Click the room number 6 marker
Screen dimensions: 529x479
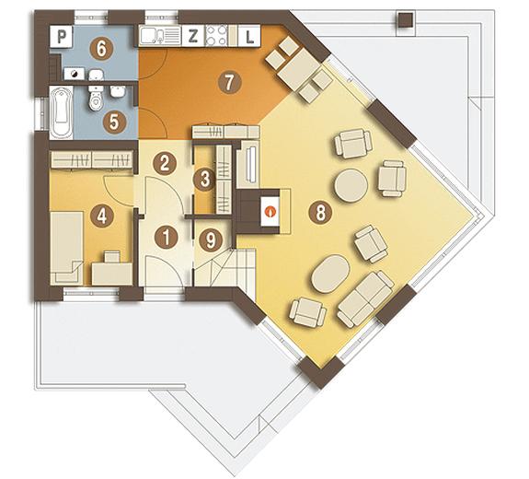101,50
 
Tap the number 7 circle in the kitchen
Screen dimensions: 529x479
229,82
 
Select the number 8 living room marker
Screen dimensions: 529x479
320,213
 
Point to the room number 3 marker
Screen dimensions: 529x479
205,180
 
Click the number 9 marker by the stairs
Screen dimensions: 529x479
211,240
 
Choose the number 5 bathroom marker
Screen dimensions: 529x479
114,123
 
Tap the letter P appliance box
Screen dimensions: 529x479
62,37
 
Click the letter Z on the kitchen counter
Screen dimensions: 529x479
192,36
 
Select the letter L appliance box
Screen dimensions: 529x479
249,36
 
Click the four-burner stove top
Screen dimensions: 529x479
216,36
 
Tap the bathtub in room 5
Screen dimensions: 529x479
61,112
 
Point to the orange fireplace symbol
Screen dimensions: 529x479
270,212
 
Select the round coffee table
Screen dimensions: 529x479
351,185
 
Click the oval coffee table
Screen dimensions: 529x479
330,274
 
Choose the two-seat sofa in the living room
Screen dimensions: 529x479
365,299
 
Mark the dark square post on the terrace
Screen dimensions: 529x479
405,20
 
